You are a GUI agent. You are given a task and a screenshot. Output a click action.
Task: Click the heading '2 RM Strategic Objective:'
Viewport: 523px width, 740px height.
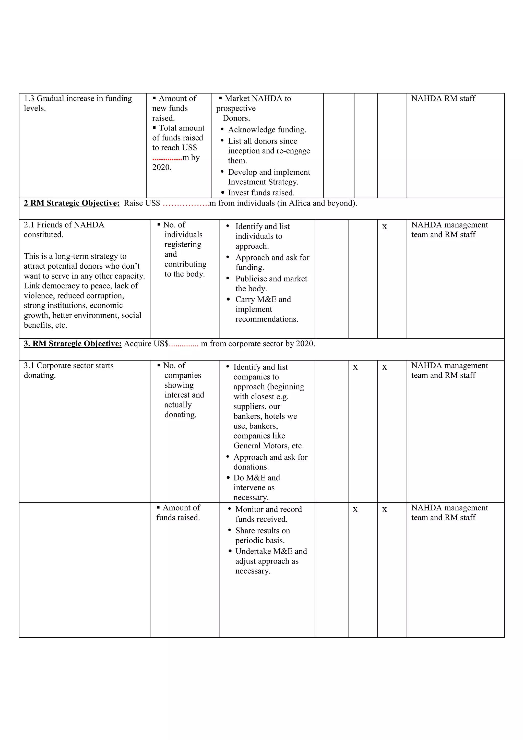click(x=72, y=203)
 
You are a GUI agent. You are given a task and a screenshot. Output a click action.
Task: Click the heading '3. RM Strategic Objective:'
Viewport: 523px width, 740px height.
click(x=73, y=344)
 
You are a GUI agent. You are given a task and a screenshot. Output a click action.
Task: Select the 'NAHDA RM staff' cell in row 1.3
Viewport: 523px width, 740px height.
click(x=443, y=98)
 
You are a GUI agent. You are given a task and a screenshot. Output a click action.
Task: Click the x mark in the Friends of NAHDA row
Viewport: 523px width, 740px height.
click(x=384, y=226)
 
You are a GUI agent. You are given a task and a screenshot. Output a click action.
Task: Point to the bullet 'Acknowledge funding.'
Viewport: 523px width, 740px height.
click(x=267, y=129)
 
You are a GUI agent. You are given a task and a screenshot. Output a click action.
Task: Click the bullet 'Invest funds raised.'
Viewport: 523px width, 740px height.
click(x=261, y=193)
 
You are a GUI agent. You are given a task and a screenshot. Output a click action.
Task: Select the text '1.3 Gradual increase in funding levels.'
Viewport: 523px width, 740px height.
click(x=77, y=103)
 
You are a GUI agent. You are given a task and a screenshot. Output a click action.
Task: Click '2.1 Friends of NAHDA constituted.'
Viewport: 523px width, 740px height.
click(x=64, y=230)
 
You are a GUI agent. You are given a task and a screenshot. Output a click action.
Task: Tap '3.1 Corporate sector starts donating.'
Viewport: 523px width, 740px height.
click(x=68, y=370)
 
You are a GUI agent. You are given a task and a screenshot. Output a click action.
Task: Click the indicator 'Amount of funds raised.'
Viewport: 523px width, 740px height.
click(x=178, y=512)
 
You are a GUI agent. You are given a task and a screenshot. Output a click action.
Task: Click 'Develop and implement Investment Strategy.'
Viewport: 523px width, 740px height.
click(x=268, y=177)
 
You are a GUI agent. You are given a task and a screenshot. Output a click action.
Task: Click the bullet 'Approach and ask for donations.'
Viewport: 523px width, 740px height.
click(x=270, y=462)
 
